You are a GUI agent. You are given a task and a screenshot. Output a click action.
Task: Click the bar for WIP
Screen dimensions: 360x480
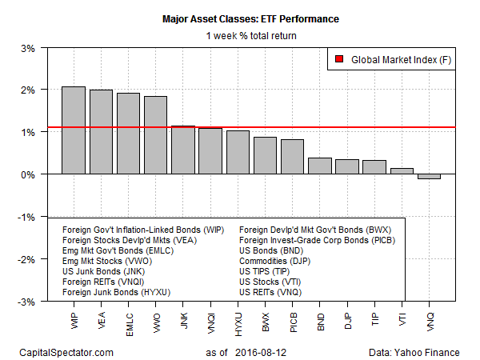[x=74, y=130]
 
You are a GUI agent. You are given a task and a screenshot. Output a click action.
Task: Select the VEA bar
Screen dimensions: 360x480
[x=101, y=131]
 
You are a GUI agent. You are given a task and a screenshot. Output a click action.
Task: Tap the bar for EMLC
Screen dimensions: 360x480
[x=128, y=133]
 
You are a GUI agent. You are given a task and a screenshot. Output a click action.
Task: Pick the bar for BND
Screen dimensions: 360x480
[x=320, y=166]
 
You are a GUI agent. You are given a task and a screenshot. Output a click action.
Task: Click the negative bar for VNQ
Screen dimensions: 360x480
[x=429, y=176]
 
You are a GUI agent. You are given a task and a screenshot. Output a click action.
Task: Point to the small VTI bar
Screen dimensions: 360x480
[x=402, y=171]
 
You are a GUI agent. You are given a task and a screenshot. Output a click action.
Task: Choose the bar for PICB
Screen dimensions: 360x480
[x=292, y=157]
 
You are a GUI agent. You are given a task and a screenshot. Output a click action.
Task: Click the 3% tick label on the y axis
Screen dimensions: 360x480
[x=26, y=48]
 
